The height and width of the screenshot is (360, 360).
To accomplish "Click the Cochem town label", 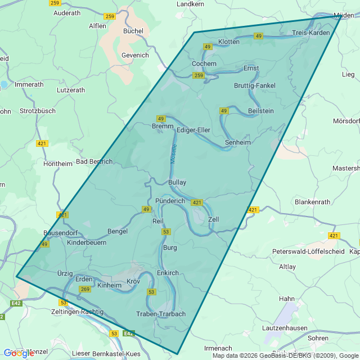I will point(204,64).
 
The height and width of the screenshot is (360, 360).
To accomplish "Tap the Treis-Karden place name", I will point(311,33).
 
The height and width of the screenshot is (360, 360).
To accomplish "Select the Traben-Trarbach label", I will point(161,314).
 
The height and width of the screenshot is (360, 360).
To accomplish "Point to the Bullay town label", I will point(177,183).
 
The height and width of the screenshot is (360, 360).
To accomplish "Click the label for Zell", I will point(213,219).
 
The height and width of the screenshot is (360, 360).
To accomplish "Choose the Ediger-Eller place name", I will point(193,130).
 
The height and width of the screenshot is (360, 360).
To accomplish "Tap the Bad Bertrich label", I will point(94,161).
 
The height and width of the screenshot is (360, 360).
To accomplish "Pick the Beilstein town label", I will point(260,111).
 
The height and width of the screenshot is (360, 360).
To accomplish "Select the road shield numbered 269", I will point(85,289).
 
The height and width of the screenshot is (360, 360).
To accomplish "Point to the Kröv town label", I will point(133,281).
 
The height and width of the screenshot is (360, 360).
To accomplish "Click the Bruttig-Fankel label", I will point(255,85).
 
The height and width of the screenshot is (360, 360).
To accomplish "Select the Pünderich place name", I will point(170,201).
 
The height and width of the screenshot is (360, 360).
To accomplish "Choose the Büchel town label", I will point(133,31).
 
